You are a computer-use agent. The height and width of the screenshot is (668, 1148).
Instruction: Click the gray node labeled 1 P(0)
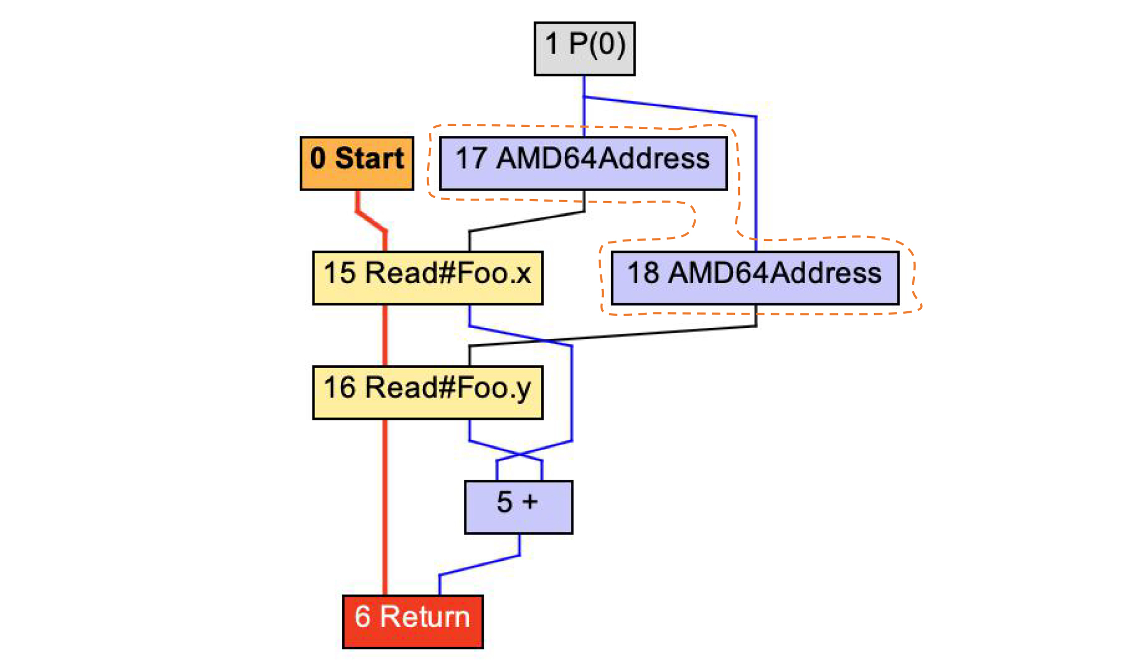point(584,48)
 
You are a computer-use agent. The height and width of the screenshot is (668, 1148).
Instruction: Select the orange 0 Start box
point(357,163)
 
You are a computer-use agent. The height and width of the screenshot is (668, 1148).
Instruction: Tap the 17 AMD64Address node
point(583,163)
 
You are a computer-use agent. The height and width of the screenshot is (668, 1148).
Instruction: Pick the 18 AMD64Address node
point(755,278)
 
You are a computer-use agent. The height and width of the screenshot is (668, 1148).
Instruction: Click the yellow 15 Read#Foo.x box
point(428,278)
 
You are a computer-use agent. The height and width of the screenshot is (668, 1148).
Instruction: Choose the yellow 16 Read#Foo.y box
point(428,392)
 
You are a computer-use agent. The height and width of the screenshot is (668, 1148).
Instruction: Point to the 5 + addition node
point(519,507)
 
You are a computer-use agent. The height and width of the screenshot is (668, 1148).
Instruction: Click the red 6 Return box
point(413,621)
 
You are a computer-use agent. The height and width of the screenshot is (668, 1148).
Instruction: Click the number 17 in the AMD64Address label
point(471,158)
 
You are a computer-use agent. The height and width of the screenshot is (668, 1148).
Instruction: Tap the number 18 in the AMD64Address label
point(643,273)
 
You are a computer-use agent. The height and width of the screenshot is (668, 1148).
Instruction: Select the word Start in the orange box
point(369,158)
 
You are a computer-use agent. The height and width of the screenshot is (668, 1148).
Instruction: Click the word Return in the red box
point(425,617)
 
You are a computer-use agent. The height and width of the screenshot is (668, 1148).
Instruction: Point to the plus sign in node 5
point(530,502)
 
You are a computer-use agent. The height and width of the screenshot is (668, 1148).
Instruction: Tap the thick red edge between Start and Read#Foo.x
point(370,221)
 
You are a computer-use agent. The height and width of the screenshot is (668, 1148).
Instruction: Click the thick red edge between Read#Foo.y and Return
point(385,503)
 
